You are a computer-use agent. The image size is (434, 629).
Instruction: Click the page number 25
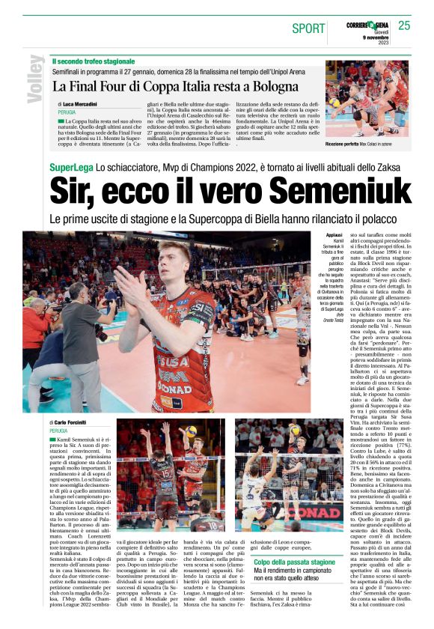pos(404,26)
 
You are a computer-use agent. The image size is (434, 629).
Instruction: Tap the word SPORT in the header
pos(308,28)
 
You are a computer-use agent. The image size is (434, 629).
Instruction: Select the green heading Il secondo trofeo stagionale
pos(94,61)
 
